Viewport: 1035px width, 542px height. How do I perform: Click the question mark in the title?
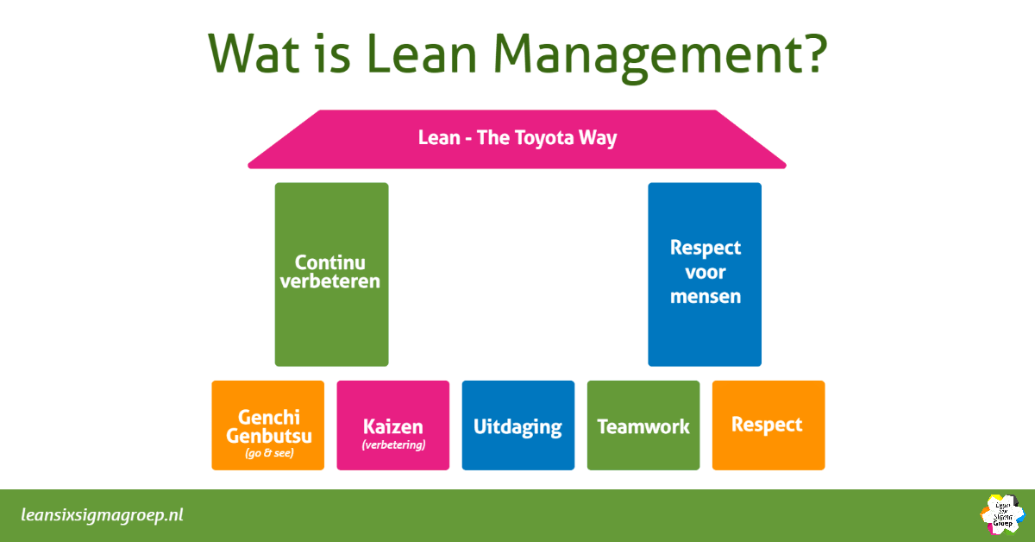812,53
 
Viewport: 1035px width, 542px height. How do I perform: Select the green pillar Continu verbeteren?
331,274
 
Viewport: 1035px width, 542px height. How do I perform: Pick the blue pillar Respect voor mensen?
705,274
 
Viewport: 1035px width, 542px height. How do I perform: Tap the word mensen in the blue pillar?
706,297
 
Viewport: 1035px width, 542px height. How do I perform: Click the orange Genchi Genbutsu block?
268,425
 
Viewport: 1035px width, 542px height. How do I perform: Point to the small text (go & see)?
268,453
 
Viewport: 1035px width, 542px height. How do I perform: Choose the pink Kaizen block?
393,425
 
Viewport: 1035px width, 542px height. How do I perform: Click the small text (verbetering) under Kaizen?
393,446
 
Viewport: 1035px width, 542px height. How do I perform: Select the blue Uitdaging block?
518,425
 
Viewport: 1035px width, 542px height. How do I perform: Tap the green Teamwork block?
643,425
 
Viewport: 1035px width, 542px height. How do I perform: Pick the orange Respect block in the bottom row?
768,425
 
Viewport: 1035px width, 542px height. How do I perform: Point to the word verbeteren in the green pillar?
330,282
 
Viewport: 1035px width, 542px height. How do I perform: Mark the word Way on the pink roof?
599,138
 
